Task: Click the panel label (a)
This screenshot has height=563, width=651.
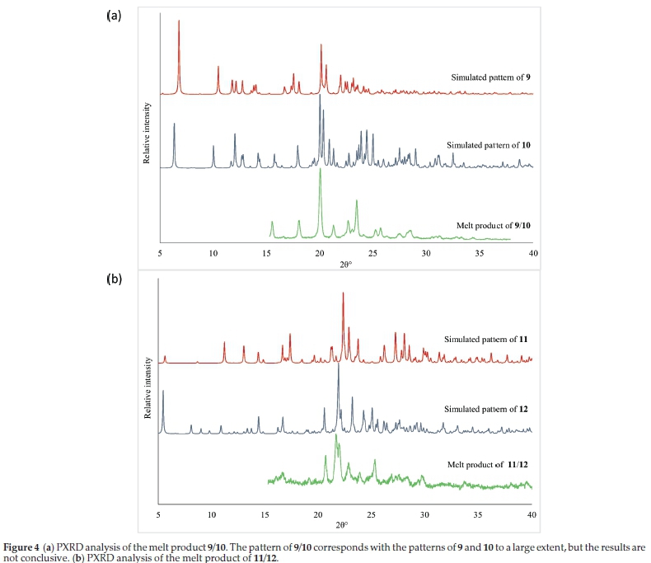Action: tap(114, 16)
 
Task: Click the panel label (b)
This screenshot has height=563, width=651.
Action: tap(114, 279)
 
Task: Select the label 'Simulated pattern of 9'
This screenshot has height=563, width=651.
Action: tap(489, 77)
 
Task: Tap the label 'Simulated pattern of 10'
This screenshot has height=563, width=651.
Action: tap(487, 145)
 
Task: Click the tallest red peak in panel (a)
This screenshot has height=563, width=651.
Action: tap(179, 22)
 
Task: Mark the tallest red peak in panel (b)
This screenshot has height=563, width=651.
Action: tap(343, 293)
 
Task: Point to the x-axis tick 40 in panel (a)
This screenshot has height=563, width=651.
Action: tap(532, 252)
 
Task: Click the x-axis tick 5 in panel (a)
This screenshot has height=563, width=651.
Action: tap(160, 252)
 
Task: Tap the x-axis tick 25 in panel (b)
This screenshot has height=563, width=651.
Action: tap(372, 514)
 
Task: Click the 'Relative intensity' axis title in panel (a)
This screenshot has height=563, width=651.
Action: tap(147, 132)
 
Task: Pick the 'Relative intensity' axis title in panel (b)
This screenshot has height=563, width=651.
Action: tap(147, 387)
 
